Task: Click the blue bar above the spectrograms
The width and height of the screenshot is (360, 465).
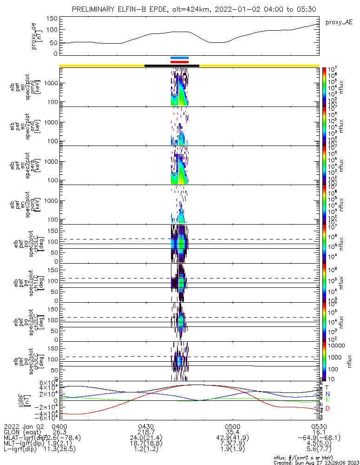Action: click(179, 58)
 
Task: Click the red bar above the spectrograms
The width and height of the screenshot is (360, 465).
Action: click(179, 62)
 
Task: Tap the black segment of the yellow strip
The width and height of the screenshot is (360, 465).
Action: click(172, 66)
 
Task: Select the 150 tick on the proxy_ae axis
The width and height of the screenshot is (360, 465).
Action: click(52, 19)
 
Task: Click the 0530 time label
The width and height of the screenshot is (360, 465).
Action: click(319, 426)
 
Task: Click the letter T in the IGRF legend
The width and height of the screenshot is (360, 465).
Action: click(327, 387)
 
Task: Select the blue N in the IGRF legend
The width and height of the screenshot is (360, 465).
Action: click(327, 393)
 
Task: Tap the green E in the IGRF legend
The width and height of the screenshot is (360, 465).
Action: click(327, 399)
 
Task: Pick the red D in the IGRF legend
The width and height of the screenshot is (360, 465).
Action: click(327, 408)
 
